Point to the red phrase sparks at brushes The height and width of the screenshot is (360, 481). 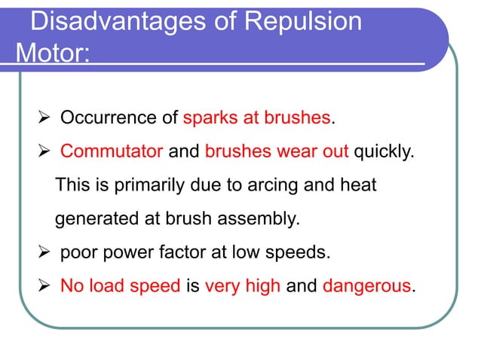pos(257,118)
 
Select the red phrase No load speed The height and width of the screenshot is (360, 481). pos(120,286)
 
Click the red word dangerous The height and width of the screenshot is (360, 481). pos(367,286)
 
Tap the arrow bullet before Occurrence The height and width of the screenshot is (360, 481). pos(44,118)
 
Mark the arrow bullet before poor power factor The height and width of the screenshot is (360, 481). pos(44,252)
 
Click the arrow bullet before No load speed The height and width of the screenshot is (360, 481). pos(44,286)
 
